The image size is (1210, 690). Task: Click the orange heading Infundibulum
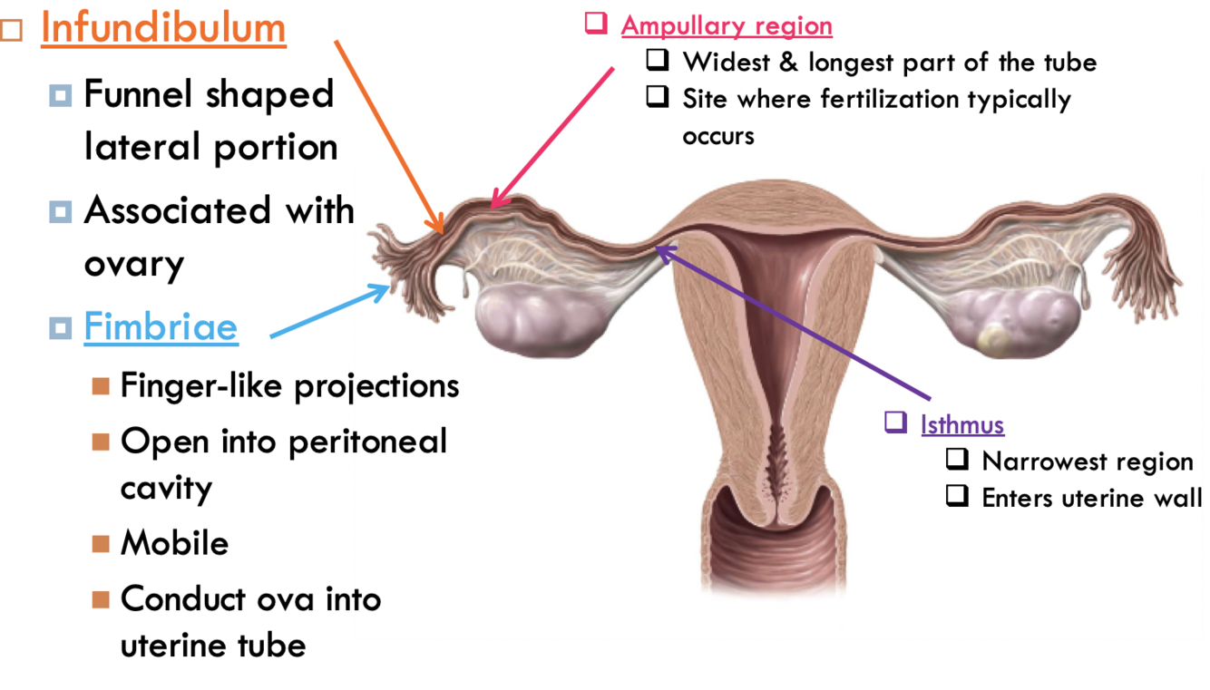tap(163, 28)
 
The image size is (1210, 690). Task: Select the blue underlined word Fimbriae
tap(161, 327)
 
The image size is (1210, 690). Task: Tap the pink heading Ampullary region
tap(727, 26)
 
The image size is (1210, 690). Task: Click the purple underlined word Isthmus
tap(962, 424)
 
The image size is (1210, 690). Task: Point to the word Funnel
tap(140, 94)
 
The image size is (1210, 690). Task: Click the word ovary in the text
tap(134, 265)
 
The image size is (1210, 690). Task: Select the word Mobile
tap(174, 543)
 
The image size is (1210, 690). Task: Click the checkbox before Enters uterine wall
tap(957, 496)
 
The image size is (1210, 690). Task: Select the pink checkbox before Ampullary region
tap(596, 24)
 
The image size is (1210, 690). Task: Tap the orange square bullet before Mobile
tap(100, 544)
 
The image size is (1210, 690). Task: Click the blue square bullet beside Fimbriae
tap(60, 327)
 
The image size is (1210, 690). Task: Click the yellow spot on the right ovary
tap(993, 339)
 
